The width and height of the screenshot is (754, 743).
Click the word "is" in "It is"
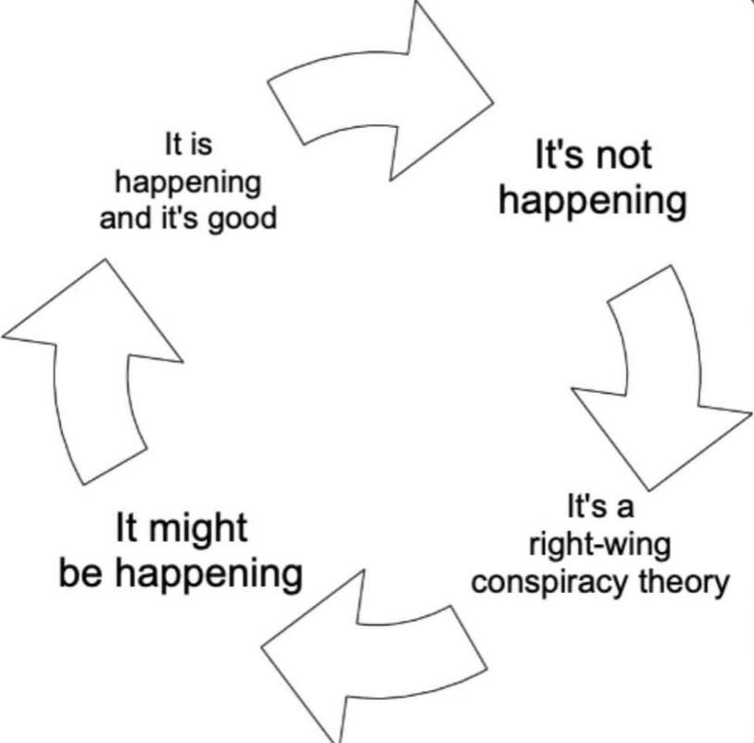click(x=202, y=145)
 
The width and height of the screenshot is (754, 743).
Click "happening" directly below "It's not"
click(x=593, y=203)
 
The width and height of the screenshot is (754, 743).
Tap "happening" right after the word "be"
click(x=209, y=575)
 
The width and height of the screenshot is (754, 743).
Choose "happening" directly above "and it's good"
click(x=188, y=184)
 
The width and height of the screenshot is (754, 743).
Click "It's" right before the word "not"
click(x=559, y=155)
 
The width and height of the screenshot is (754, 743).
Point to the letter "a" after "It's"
click(x=624, y=508)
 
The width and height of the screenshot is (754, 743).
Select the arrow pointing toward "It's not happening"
click(x=381, y=92)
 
